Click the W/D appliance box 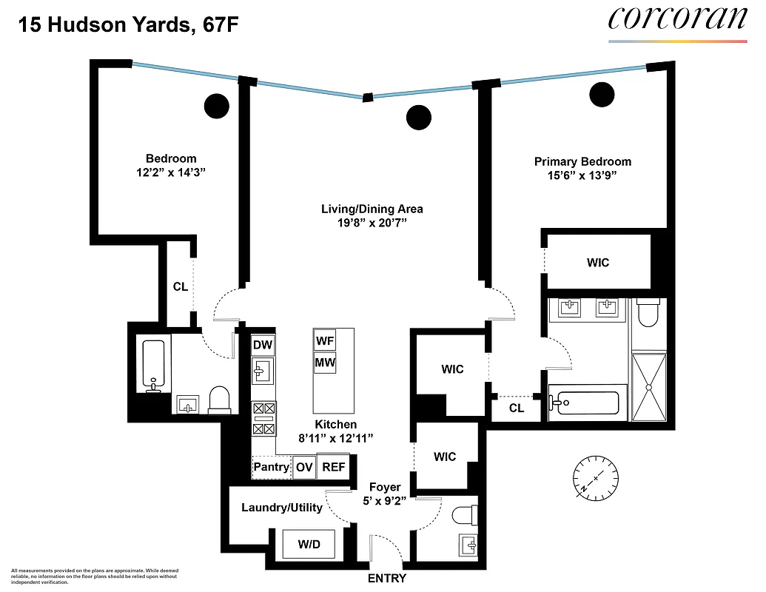(x=309, y=545)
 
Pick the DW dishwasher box (x=262, y=345)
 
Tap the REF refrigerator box (x=333, y=467)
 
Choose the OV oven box (x=304, y=467)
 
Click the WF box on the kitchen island (x=324, y=341)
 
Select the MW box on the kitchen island (x=324, y=363)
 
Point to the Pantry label (x=272, y=467)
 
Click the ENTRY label (x=386, y=579)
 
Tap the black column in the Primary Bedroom (x=602, y=93)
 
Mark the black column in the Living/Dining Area (x=419, y=117)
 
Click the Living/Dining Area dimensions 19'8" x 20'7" (x=372, y=223)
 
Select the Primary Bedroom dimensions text (x=582, y=175)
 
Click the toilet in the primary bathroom (x=649, y=314)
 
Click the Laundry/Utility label (x=282, y=508)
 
